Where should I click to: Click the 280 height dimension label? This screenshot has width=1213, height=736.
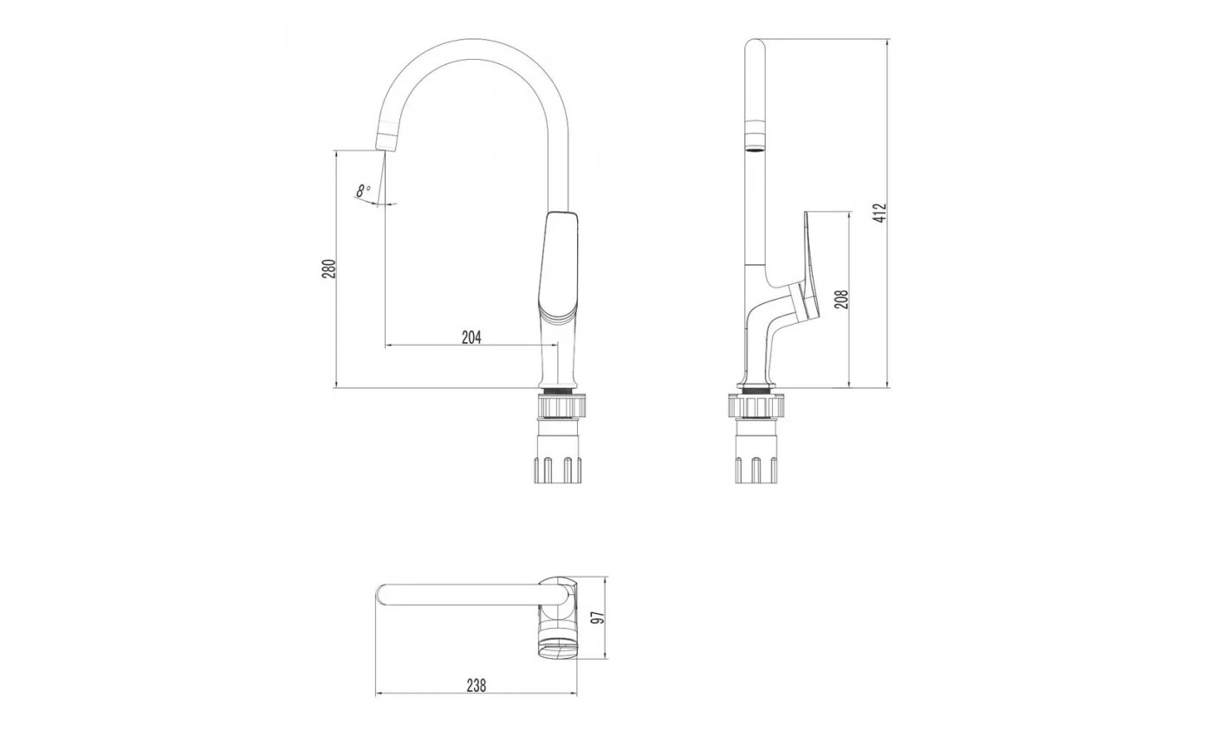click(329, 269)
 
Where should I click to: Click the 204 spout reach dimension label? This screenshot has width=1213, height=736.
click(471, 337)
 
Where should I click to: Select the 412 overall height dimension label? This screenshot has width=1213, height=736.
click(880, 213)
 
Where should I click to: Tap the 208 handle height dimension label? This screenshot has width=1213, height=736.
click(841, 300)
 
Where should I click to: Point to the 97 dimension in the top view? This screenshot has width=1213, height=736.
click(597, 617)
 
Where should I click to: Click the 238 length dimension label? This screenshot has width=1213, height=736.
click(477, 685)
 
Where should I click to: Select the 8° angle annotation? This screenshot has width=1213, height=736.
click(363, 190)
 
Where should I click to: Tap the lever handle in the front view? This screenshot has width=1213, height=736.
click(559, 265)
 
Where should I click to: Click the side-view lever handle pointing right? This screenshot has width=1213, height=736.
click(811, 265)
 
